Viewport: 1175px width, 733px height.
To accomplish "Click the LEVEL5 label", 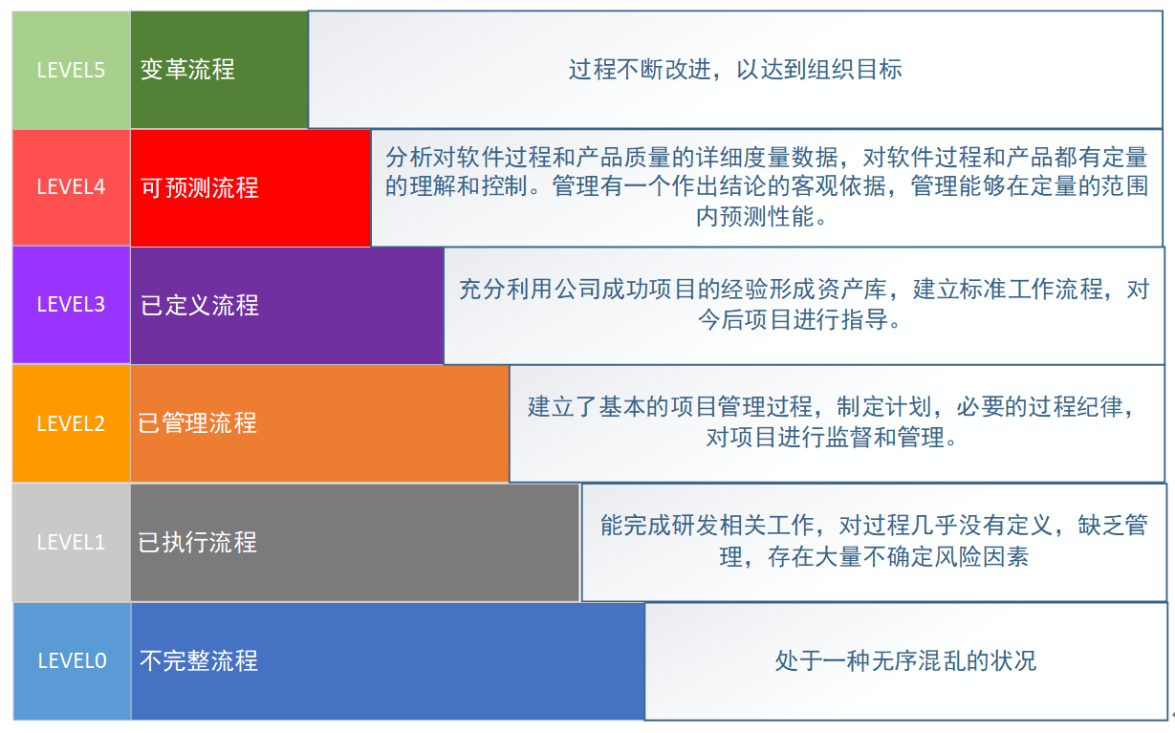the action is coord(71,71).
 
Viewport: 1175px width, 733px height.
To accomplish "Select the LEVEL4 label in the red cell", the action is coord(71,187).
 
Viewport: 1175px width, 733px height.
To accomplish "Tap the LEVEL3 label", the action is coord(71,305).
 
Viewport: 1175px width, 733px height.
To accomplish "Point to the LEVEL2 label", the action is coord(71,423).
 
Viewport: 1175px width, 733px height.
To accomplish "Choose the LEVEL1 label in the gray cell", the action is coord(71,542).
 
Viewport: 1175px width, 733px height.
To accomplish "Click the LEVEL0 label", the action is coord(72,660).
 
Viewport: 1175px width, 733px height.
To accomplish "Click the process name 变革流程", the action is coord(187,70).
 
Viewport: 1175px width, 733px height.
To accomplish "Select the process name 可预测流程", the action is coord(199,187).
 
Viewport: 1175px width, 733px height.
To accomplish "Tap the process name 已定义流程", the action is coord(199,305).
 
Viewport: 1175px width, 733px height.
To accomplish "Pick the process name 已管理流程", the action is coord(197,423).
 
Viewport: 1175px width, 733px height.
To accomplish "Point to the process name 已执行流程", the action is coord(197,542).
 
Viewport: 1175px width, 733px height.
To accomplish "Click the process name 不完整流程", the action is coord(199,660).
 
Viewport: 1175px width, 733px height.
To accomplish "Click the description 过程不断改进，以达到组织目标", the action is coord(735,70).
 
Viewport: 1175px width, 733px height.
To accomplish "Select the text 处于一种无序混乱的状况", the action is coord(906,660).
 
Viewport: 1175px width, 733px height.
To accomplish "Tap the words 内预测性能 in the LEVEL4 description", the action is coord(755,216).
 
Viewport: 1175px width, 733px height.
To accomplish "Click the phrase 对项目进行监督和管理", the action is coord(825,438).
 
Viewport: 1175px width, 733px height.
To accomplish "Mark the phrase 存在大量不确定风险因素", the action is coord(898,557).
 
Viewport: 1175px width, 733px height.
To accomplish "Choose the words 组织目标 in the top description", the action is coord(855,70).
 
